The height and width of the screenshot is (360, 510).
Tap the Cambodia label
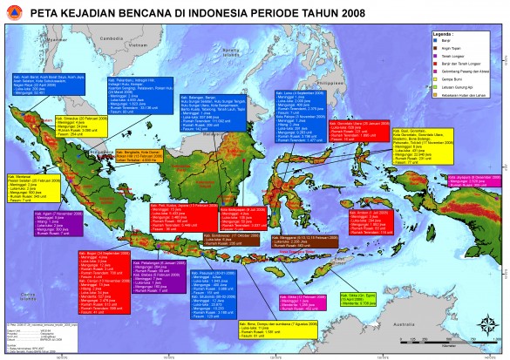click(x=111, y=38)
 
